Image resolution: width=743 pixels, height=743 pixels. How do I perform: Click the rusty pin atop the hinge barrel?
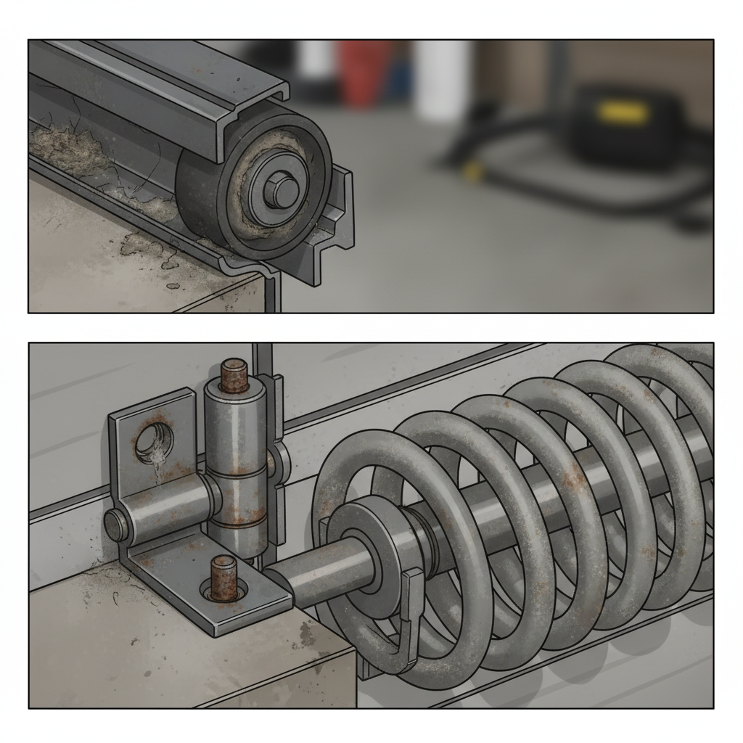pos(234,375)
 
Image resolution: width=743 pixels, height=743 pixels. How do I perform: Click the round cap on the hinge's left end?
pos(115,525)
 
